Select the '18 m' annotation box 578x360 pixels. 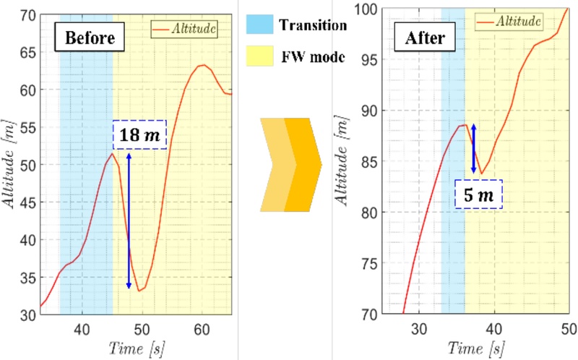coord(139,134)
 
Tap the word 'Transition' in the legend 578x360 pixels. coord(314,25)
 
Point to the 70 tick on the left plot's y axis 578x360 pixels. coord(28,14)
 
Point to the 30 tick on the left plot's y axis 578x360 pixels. coord(28,314)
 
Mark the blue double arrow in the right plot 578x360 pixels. coord(474,147)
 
